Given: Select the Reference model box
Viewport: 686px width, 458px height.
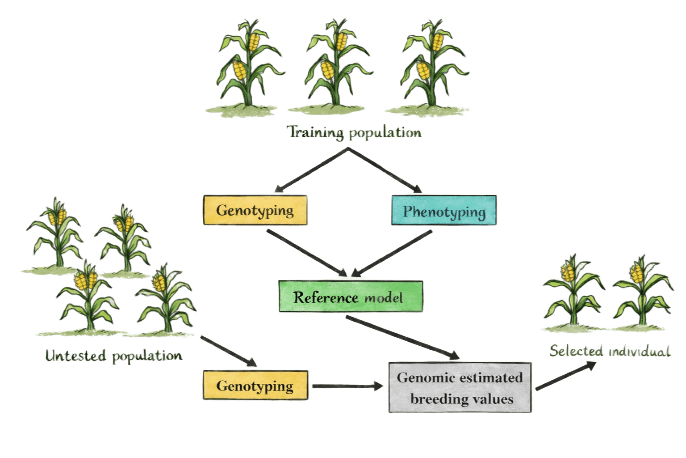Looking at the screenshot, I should pos(350,297).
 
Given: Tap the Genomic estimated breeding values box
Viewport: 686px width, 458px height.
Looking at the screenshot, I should pos(460,387).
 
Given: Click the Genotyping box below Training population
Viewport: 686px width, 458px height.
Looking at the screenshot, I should pos(255,210).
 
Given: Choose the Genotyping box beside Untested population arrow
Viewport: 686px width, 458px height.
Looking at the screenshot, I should pos(255,386).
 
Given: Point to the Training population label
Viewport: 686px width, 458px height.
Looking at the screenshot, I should pos(354,133).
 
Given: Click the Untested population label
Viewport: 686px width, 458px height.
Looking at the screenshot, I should pos(114,356).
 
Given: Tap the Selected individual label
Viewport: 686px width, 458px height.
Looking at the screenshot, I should pos(610,351).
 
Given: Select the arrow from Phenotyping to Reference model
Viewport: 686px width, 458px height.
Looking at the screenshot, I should pos(393,253).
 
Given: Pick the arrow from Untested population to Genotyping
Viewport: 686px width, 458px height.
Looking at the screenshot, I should pos(228,351).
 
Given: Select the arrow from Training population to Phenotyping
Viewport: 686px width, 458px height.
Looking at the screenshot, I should pos(384,170).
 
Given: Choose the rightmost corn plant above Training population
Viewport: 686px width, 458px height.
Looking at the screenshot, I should pos(429,63).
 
